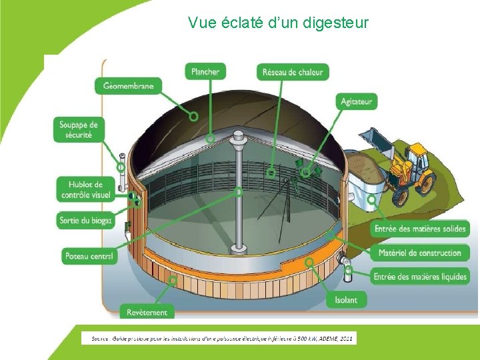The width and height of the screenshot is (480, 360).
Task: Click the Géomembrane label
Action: pyautogui.click(x=128, y=85)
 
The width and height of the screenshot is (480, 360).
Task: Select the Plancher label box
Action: pyautogui.click(x=205, y=71)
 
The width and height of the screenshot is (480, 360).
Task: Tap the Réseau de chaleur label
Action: pyautogui.click(x=293, y=72)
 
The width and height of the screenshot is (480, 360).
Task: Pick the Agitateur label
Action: pyautogui.click(x=357, y=101)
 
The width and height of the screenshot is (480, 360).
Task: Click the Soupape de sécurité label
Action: pyautogui.click(x=78, y=129)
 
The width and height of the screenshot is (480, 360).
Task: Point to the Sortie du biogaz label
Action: pyautogui.click(x=85, y=220)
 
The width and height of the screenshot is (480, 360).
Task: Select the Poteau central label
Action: pyautogui.click(x=89, y=255)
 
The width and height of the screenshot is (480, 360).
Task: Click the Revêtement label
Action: pyautogui.click(x=147, y=311)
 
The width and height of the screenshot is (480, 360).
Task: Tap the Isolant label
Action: pyautogui.click(x=346, y=300)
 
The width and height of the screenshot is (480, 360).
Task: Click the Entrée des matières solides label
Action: pyautogui.click(x=420, y=229)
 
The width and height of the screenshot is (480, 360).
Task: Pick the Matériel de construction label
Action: pyautogui.click(x=420, y=253)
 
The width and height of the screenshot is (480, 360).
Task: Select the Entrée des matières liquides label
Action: pyautogui.click(x=420, y=276)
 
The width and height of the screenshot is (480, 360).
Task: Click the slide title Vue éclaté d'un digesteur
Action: pyautogui.click(x=278, y=23)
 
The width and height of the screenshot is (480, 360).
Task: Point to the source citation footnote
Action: pyautogui.click(x=219, y=339)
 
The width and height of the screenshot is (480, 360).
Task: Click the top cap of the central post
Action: pyautogui.click(x=238, y=137)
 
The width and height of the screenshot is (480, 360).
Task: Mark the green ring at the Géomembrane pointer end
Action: pyautogui.click(x=193, y=116)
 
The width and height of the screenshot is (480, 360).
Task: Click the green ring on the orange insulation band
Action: pyautogui.click(x=309, y=263)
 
